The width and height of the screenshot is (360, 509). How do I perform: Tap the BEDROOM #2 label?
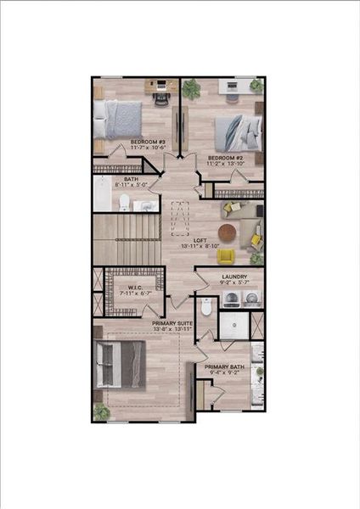(x=226, y=158)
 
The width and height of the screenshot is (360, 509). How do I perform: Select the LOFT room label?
(x=200, y=241)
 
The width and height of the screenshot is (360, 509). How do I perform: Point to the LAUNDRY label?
(x=233, y=277)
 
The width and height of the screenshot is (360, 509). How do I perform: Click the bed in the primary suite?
(x=123, y=366)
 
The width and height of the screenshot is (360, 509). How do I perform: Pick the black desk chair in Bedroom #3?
(x=160, y=96)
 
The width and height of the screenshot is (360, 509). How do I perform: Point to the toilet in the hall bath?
(x=124, y=201)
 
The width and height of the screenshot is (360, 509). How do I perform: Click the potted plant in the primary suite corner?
(x=101, y=411)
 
